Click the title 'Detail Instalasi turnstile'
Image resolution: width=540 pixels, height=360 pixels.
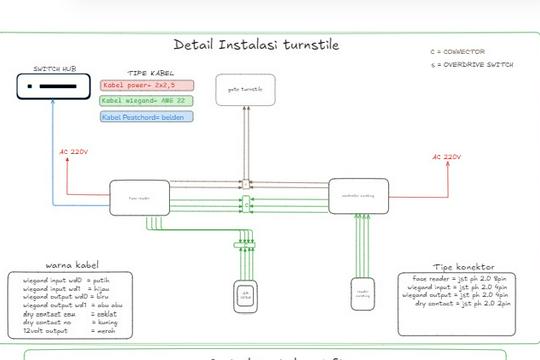coord(255,44)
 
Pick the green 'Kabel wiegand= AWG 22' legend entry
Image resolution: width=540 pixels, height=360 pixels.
coord(144,101)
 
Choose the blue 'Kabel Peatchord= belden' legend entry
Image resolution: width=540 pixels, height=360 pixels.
coord(146,117)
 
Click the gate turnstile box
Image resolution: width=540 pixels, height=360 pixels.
coord(244,90)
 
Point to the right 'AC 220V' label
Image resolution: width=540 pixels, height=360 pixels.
coord(446,157)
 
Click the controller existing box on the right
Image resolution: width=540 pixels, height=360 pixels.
coord(358,195)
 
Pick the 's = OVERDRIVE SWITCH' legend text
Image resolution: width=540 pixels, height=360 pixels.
coord(472,64)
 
